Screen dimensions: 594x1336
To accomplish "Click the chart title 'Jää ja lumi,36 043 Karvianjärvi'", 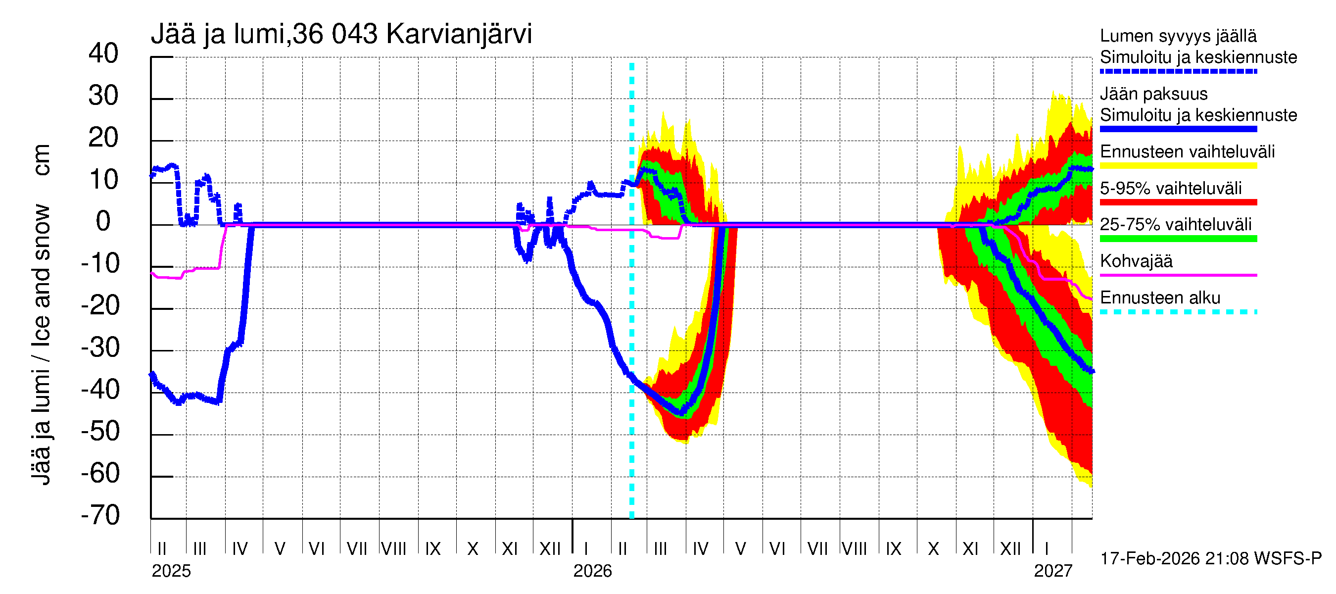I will pyautogui.click(x=341, y=34).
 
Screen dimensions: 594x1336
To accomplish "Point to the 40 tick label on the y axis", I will pyautogui.click(x=103, y=53).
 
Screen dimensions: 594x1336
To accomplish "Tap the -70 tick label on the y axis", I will pyautogui.click(x=100, y=515).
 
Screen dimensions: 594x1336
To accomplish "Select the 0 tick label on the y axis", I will pyautogui.click(x=103, y=222).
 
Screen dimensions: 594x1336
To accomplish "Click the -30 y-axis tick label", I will pyautogui.click(x=100, y=347).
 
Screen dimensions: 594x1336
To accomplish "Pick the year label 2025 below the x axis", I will pyautogui.click(x=171, y=571).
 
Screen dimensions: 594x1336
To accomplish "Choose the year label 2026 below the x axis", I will pyautogui.click(x=592, y=571).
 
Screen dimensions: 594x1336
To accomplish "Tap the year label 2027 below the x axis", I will pyautogui.click(x=1053, y=571).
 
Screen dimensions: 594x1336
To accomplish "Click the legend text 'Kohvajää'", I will pyautogui.click(x=1136, y=261).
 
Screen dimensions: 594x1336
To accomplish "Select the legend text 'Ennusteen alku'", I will pyautogui.click(x=1160, y=298).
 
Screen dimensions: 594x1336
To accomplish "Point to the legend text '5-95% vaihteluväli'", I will pyautogui.click(x=1171, y=188).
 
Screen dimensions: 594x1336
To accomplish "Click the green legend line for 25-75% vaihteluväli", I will pyautogui.click(x=1178, y=239).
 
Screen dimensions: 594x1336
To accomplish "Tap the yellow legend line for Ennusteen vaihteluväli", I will pyautogui.click(x=1178, y=166).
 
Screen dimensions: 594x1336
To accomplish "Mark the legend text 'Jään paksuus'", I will pyautogui.click(x=1153, y=94).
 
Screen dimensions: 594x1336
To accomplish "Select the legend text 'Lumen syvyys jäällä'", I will pyautogui.click(x=1178, y=36).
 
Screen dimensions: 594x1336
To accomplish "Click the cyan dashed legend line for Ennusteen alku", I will pyautogui.click(x=1178, y=312).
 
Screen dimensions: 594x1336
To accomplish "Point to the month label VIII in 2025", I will pyautogui.click(x=394, y=549).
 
